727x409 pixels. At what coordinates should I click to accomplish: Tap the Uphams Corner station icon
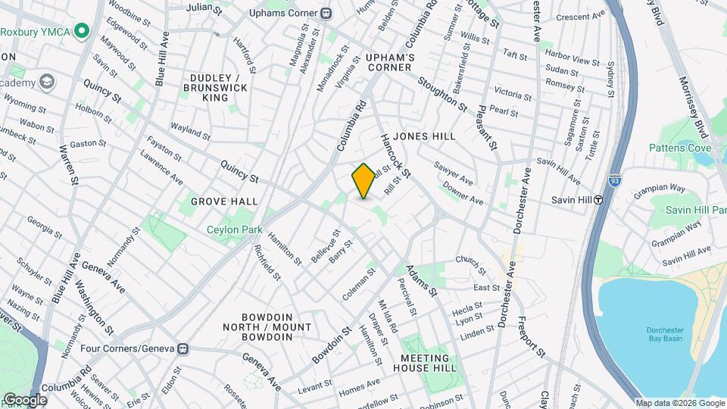[x=326, y=13]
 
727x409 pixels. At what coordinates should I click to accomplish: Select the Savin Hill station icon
[x=598, y=200]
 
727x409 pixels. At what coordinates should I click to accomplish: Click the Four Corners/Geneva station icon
[x=182, y=349]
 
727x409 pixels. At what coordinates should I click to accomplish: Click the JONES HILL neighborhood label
[x=424, y=136]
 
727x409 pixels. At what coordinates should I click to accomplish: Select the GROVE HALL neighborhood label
[x=224, y=201]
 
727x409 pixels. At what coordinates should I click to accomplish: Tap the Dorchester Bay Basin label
[x=666, y=334]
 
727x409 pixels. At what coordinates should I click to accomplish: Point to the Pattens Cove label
[x=679, y=147]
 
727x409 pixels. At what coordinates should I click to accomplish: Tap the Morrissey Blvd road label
[x=694, y=101]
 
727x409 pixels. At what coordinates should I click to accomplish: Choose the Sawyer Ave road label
[x=454, y=173]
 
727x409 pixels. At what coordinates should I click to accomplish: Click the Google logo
[x=25, y=399]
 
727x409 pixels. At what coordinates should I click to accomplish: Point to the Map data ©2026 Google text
[x=679, y=403]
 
